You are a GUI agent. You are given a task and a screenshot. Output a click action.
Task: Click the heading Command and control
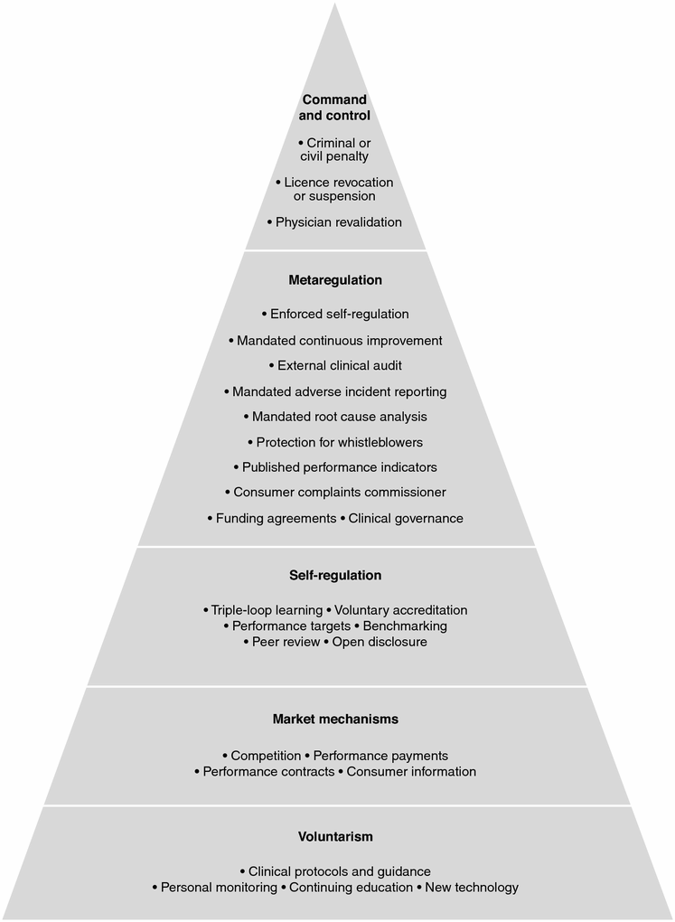point(335,108)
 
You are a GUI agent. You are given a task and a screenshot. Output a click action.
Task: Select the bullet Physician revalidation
point(339,221)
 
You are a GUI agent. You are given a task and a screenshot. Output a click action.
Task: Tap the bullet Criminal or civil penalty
point(335,149)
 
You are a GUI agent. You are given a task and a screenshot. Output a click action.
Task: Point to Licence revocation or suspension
point(335,189)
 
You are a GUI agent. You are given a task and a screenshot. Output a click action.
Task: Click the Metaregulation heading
point(335,280)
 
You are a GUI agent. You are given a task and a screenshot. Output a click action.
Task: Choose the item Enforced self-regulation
point(339,314)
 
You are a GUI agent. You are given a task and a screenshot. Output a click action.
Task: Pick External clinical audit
point(339,365)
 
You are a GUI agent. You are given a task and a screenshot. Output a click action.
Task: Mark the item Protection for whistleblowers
point(339,442)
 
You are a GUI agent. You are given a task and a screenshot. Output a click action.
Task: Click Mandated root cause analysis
point(339,417)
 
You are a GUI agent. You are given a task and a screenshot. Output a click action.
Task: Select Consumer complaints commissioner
point(339,493)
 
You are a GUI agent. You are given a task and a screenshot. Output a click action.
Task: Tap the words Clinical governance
point(406,518)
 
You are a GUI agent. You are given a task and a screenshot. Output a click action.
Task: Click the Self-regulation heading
point(335,575)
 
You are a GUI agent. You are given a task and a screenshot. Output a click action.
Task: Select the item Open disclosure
point(380,642)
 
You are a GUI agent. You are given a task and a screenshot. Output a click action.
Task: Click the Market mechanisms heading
point(335,720)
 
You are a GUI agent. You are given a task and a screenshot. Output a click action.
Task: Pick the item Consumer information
point(411,771)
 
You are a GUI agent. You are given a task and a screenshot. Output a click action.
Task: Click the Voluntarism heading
point(335,836)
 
